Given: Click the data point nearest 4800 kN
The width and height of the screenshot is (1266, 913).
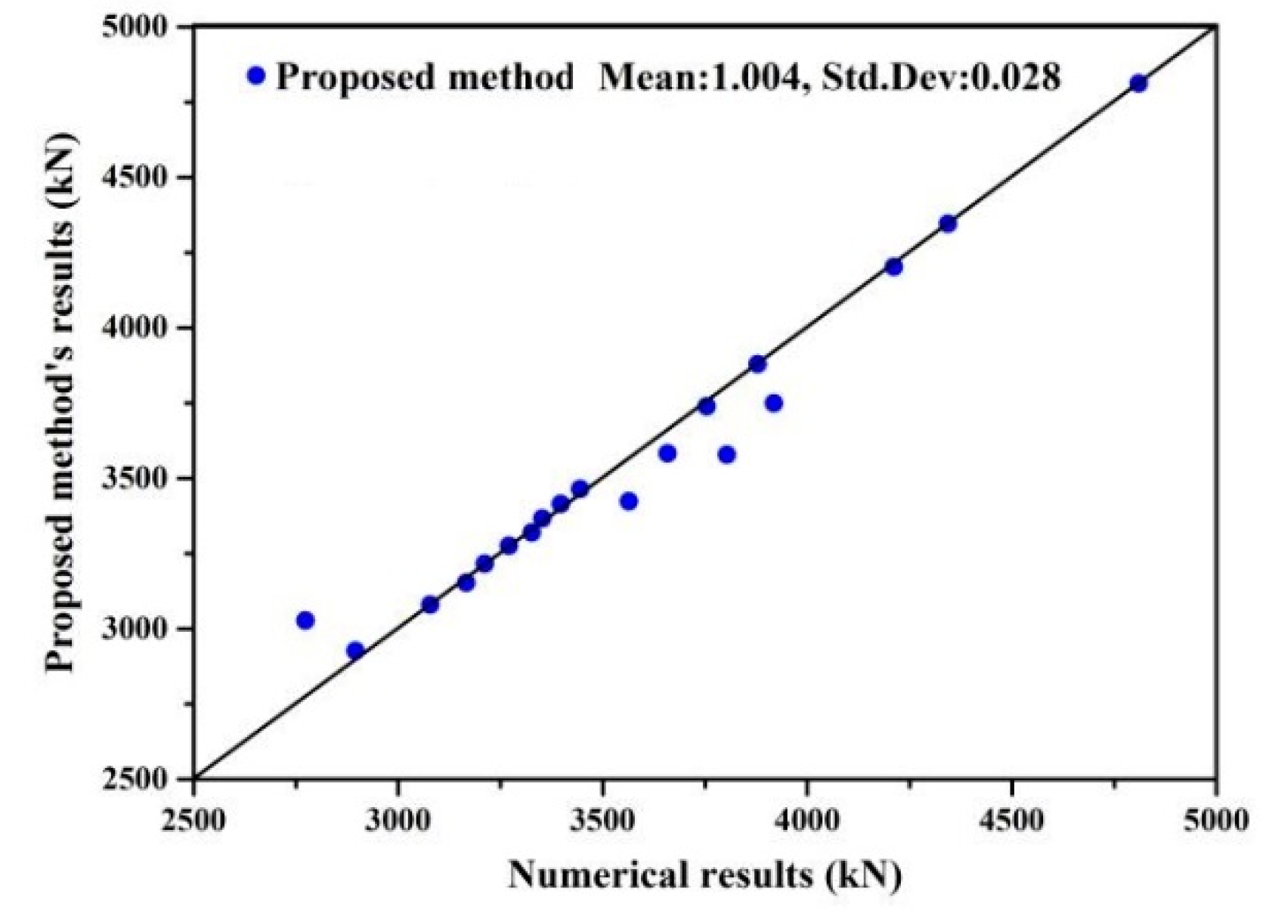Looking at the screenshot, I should (x=1138, y=84).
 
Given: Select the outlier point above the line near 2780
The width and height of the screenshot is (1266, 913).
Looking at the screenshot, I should (x=305, y=621).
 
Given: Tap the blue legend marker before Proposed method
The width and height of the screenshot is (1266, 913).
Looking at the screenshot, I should (x=257, y=76).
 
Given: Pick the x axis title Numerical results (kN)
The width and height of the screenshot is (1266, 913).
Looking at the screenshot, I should (x=704, y=875).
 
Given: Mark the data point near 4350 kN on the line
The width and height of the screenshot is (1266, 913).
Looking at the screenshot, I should (x=948, y=224).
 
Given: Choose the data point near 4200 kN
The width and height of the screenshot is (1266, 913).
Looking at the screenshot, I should (x=893, y=267).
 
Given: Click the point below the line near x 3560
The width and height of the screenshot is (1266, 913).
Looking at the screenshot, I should (x=628, y=501).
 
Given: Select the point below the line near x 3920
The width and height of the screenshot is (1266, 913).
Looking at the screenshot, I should (x=773, y=403).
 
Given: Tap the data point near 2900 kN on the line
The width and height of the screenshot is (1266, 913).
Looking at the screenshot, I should (x=355, y=650).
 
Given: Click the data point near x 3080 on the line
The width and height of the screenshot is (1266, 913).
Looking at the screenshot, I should (x=430, y=605).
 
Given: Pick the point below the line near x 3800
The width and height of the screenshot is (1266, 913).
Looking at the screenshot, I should (x=727, y=454).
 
